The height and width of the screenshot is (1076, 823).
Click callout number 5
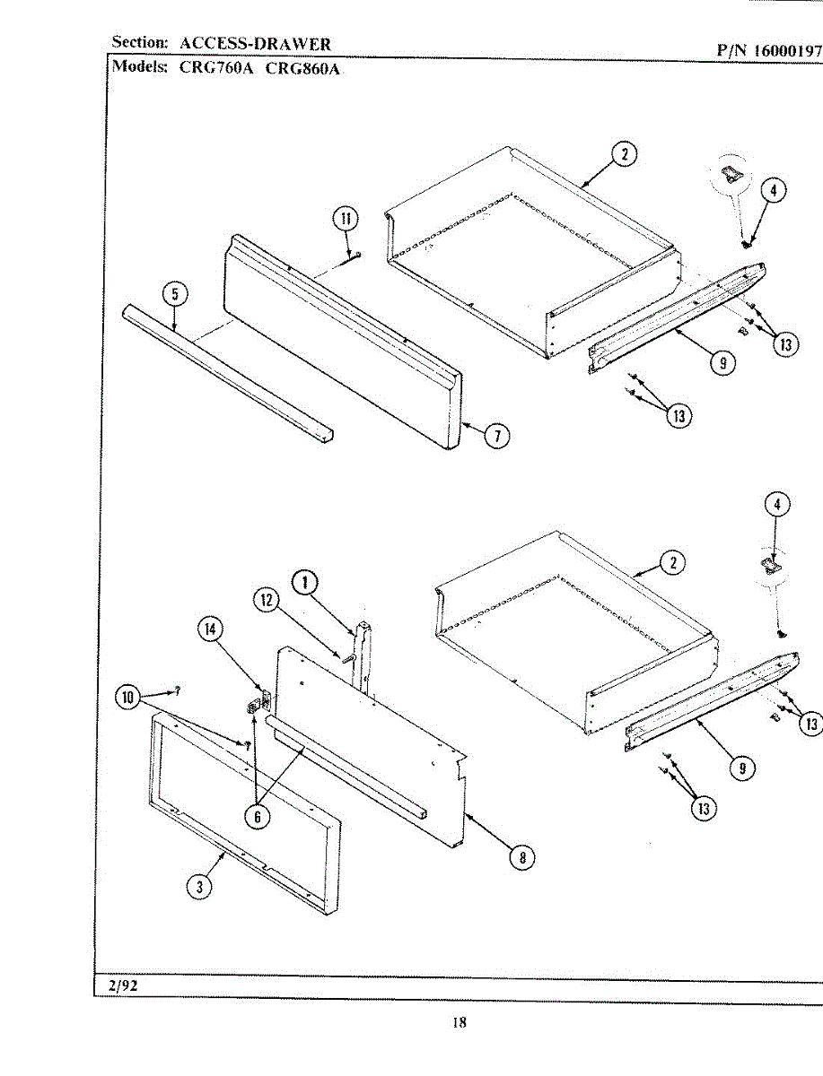pos(175,293)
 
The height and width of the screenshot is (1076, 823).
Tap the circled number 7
pos(496,436)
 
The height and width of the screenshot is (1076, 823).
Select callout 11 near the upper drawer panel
pos(346,218)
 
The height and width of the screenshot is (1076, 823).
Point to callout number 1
pos(305,583)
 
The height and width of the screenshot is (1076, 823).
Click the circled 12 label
pos(267,601)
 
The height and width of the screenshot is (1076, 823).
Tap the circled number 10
pos(129,696)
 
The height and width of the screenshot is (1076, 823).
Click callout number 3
pos(199,886)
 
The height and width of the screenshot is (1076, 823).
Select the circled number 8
pos(521,857)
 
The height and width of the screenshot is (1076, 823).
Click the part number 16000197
pos(787,51)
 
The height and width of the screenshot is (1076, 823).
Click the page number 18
pos(459,1022)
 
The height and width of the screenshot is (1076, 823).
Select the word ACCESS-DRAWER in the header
pos(255,43)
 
